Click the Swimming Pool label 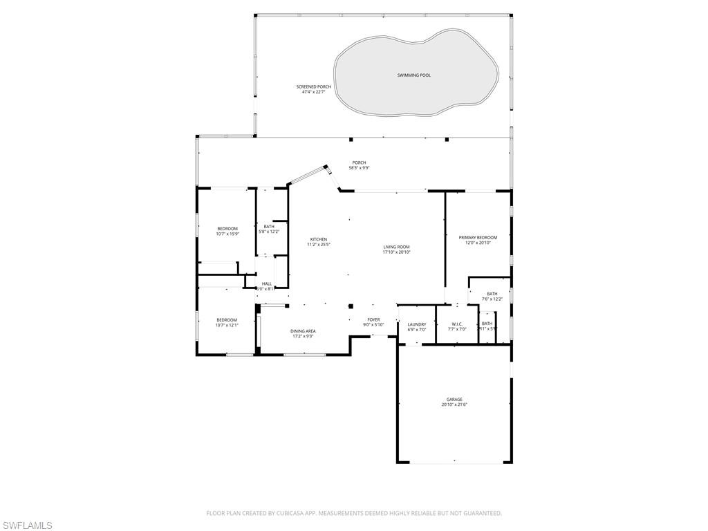pyautogui.click(x=413, y=75)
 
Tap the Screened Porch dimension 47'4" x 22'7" pyautogui.click(x=314, y=92)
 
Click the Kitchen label pyautogui.click(x=318, y=239)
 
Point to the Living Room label pyautogui.click(x=396, y=247)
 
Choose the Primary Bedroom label pyautogui.click(x=478, y=237)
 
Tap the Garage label pyautogui.click(x=454, y=399)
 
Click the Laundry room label pyautogui.click(x=416, y=324)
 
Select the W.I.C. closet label pyautogui.click(x=457, y=324)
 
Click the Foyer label pyautogui.click(x=373, y=319)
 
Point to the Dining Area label pyautogui.click(x=303, y=331)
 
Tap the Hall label pyautogui.click(x=266, y=283)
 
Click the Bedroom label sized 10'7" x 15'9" pyautogui.click(x=227, y=229)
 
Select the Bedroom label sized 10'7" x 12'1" pyautogui.click(x=227, y=320)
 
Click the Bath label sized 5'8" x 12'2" pyautogui.click(x=269, y=226)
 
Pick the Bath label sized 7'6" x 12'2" pyautogui.click(x=492, y=294)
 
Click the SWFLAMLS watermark pyautogui.click(x=27, y=526)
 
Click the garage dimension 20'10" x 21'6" pyautogui.click(x=454, y=404)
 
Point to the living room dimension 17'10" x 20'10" pyautogui.click(x=396, y=252)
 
